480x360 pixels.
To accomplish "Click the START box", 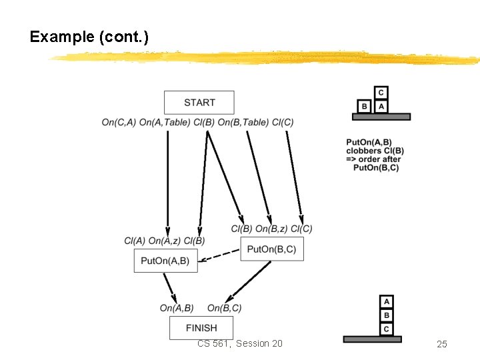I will click(x=199, y=103).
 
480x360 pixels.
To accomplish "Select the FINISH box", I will click(x=201, y=328).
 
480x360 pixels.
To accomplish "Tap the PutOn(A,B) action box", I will click(x=165, y=261).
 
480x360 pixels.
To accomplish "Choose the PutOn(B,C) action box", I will click(x=271, y=249).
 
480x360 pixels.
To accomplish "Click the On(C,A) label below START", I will click(x=119, y=122).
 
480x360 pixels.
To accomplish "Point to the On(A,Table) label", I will click(x=165, y=122).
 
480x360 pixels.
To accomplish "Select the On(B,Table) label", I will click(x=243, y=122).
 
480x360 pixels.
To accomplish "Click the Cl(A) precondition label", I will click(x=134, y=241).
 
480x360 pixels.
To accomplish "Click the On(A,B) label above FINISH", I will click(x=177, y=308).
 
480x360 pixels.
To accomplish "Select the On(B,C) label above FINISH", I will click(x=225, y=308).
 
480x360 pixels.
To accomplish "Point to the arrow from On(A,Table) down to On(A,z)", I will click(x=167, y=180).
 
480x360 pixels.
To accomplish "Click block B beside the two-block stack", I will click(x=364, y=106).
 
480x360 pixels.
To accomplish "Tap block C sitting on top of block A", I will click(x=381, y=93).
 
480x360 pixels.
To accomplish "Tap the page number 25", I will click(x=441, y=344).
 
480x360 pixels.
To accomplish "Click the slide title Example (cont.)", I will click(x=89, y=37).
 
